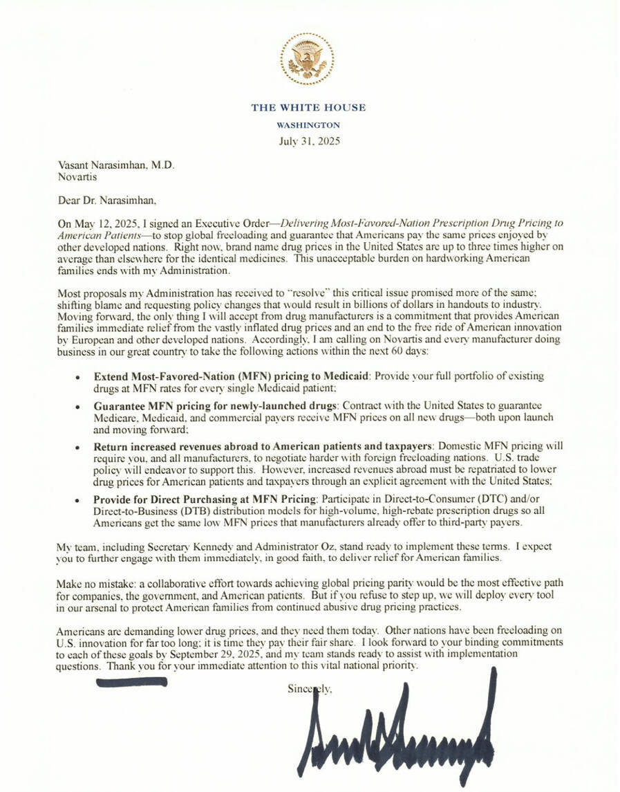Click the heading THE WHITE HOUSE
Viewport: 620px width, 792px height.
tap(308, 108)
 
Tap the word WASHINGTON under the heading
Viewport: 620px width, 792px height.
tap(308, 125)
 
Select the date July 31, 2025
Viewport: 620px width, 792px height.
tap(308, 141)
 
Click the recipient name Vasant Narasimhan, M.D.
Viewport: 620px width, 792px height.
tap(116, 166)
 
